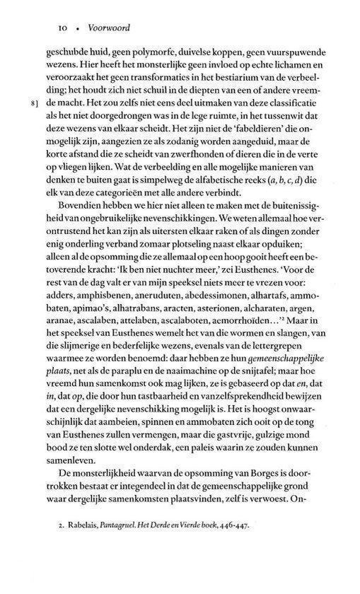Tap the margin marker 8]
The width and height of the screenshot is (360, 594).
(33, 104)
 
